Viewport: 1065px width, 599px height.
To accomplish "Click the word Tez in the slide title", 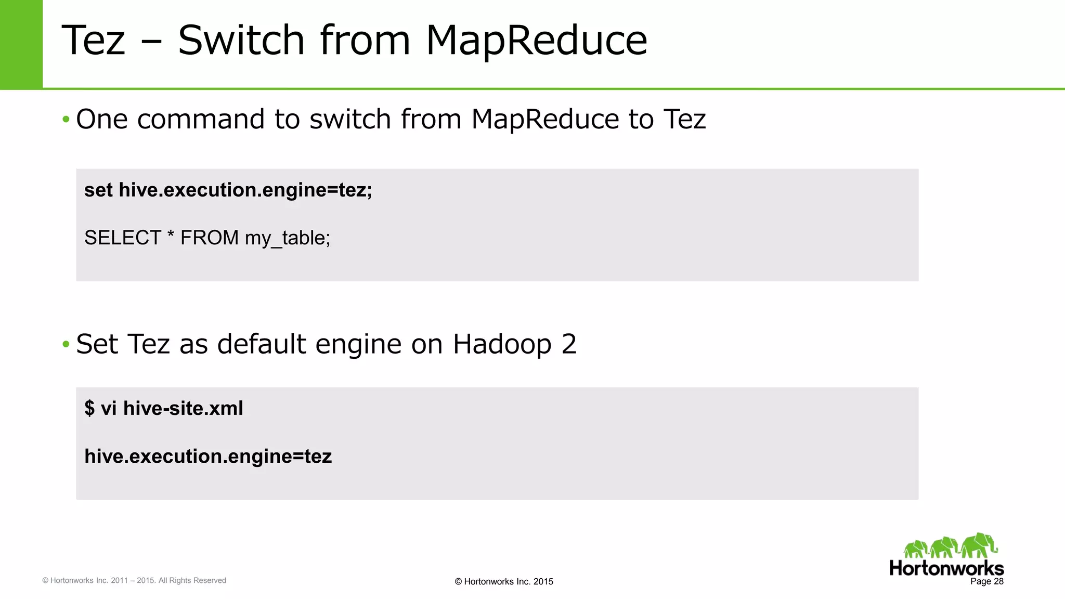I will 94,41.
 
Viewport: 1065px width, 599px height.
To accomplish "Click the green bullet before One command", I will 66,120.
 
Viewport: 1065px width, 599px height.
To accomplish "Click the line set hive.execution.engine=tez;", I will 228,190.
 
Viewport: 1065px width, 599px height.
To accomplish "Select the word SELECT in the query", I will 122,238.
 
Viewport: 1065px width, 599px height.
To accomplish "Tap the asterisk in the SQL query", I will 171,235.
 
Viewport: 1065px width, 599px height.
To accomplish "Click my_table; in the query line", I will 288,238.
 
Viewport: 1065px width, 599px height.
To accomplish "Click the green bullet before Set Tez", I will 66,344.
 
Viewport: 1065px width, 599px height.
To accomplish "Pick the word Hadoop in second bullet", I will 502,344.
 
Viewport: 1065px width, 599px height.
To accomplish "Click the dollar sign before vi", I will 89,409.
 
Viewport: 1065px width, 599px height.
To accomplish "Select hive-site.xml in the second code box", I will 183,409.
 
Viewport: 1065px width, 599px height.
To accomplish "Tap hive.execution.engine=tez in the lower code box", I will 208,457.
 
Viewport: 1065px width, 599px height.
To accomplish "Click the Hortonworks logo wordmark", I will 946,568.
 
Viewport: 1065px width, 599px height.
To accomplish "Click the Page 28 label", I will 986,581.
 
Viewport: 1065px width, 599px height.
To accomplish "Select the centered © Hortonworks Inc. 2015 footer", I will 503,582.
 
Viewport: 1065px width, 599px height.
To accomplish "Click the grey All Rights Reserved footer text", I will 192,580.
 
